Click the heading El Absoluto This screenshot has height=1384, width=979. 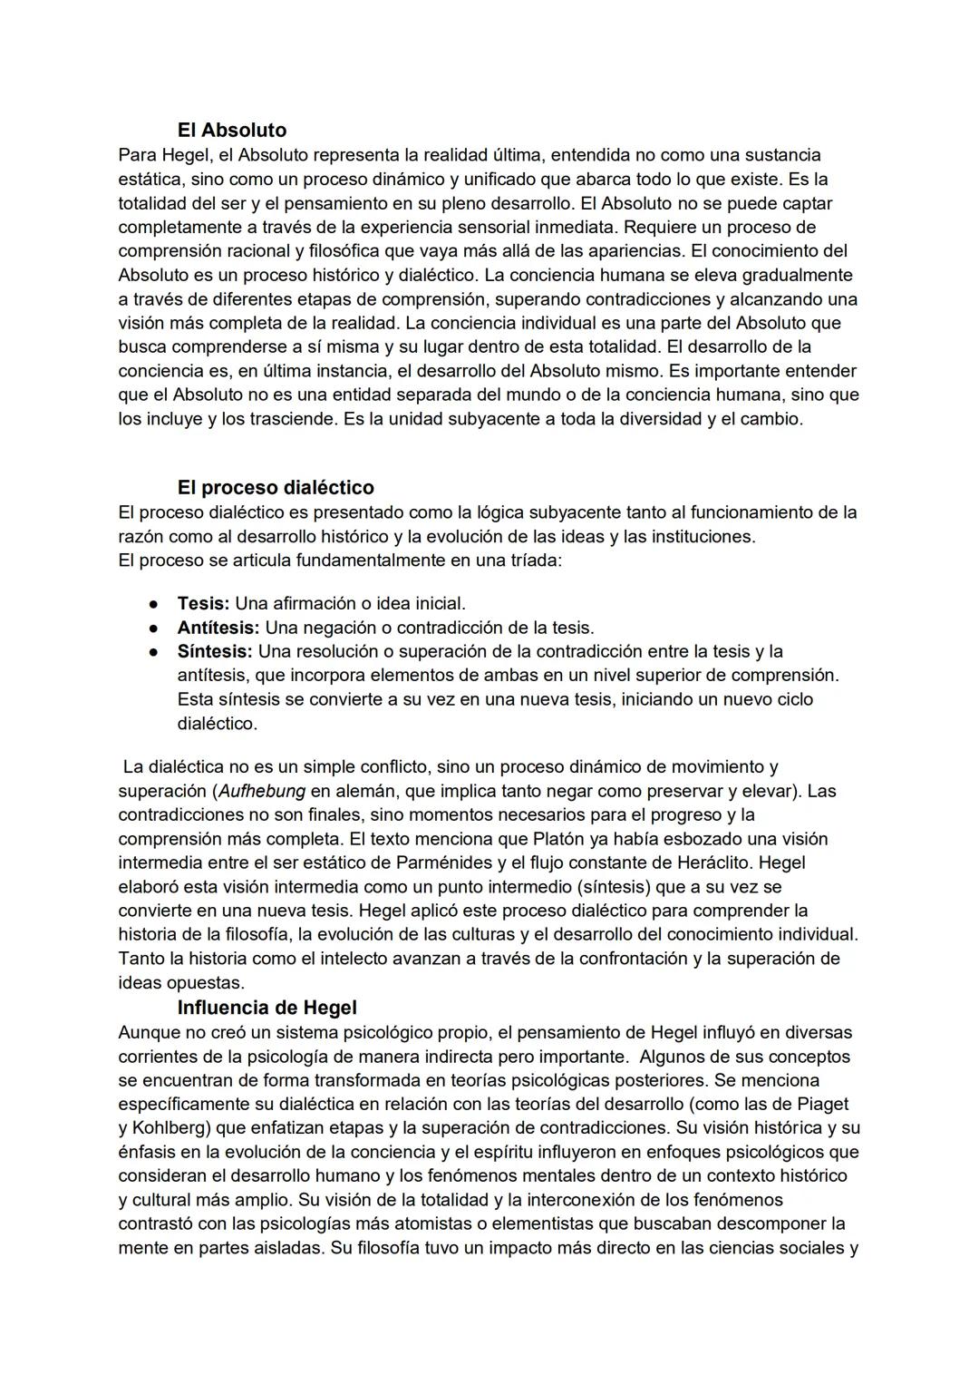[x=231, y=131]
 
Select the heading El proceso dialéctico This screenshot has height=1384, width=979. [x=276, y=488]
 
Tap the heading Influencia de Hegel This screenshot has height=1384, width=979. [x=267, y=1008]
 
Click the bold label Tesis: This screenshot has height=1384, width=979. [x=203, y=603]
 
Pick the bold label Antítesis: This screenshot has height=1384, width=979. [x=218, y=628]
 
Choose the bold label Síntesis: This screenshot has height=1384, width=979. [x=215, y=651]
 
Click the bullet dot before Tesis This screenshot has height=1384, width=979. [x=155, y=604]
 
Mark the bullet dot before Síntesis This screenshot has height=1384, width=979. [x=155, y=652]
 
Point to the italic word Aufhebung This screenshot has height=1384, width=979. [x=262, y=791]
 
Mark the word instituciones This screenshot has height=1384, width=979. [x=701, y=536]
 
